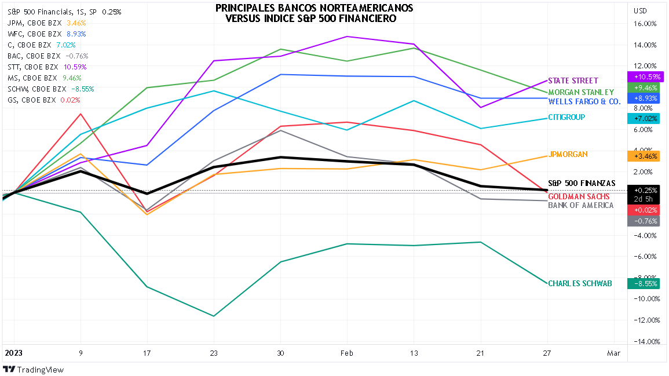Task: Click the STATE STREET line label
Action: (x=572, y=81)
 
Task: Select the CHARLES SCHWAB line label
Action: (x=580, y=284)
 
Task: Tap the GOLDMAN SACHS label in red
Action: (x=579, y=196)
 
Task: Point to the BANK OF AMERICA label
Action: (x=580, y=206)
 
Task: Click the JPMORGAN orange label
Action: (x=568, y=154)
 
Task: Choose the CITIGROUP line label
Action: (x=566, y=117)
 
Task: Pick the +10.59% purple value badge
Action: (x=645, y=76)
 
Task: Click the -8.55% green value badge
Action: (x=645, y=284)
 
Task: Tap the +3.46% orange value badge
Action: (x=645, y=156)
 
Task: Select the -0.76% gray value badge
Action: (x=645, y=221)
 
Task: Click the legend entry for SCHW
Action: (x=51, y=89)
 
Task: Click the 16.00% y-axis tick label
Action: (x=645, y=24)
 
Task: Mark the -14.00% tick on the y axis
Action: (x=645, y=341)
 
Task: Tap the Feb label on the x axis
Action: (x=347, y=353)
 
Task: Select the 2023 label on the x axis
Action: (x=14, y=353)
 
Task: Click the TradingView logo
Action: (x=35, y=370)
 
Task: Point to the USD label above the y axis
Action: (x=641, y=11)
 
